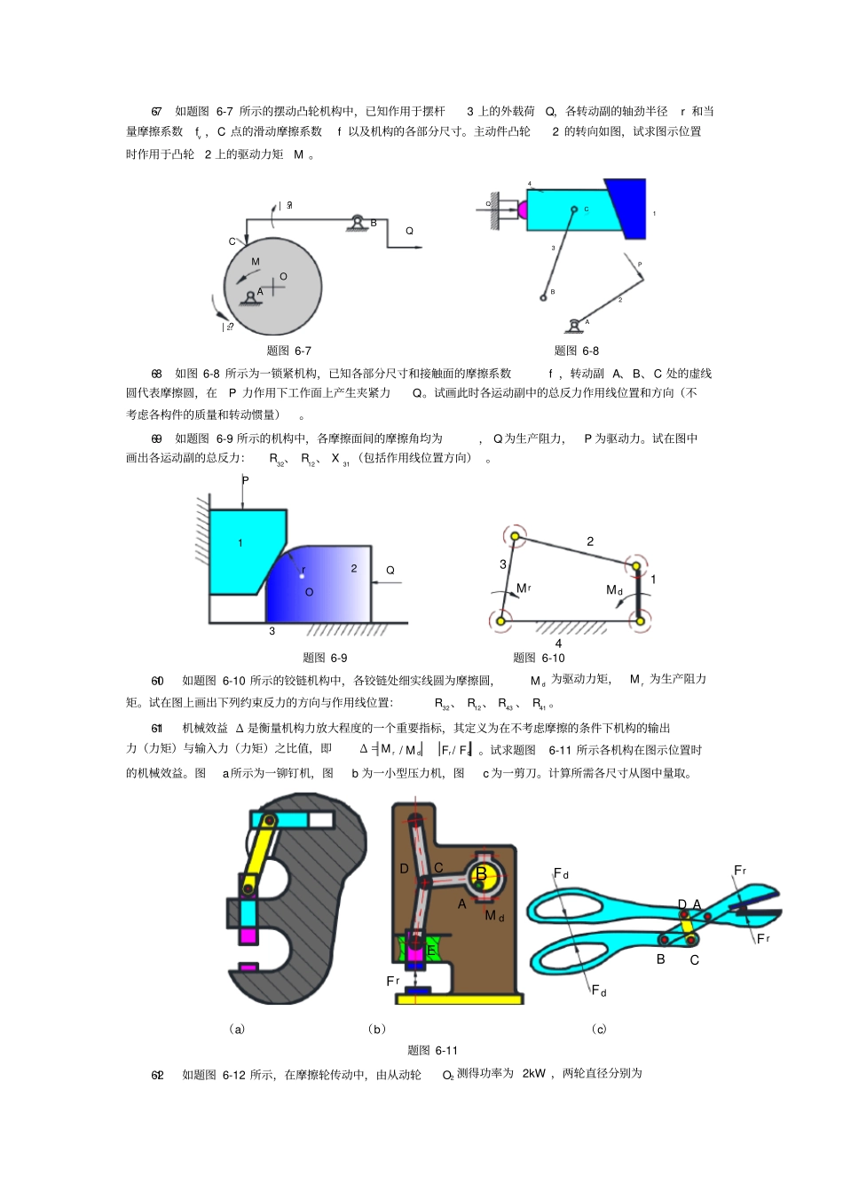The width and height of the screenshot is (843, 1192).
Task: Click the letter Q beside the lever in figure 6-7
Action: [409, 231]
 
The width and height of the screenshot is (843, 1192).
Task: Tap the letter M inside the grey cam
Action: [256, 262]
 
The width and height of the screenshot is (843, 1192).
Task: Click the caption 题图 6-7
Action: [288, 351]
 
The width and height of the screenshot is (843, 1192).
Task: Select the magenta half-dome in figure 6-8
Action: [522, 209]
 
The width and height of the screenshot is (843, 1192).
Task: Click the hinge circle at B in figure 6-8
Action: [543, 298]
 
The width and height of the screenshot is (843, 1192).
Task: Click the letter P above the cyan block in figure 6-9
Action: [246, 480]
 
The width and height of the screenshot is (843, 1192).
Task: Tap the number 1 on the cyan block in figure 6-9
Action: [240, 543]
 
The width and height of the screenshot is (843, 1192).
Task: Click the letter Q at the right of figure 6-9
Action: [390, 571]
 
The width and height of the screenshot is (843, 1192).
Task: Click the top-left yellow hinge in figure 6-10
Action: [513, 536]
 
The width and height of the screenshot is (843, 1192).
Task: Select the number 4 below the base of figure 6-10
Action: [558, 643]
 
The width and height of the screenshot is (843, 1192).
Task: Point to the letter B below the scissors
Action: [660, 959]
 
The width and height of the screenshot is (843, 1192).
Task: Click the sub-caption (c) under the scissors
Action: [599, 1030]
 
